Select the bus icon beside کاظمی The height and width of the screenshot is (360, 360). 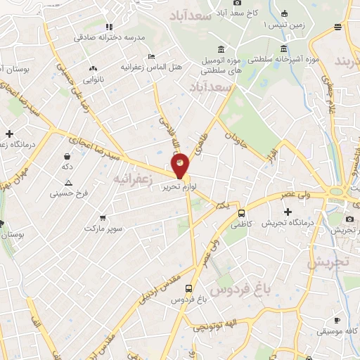point(241,214)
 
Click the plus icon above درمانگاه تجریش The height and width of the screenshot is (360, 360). point(287,212)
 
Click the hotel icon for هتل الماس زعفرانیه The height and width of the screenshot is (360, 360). point(150,57)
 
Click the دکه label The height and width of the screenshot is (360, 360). point(67,167)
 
